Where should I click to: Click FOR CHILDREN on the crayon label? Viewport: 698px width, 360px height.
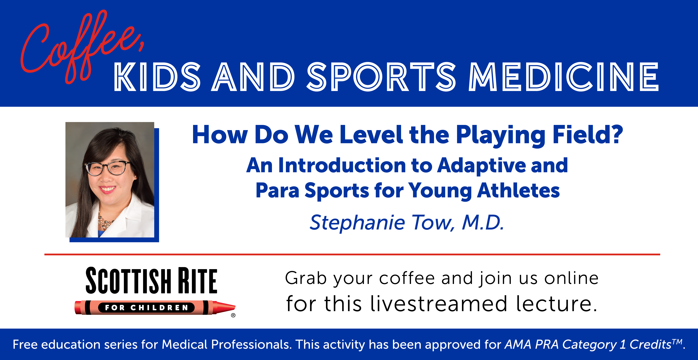tap(146, 308)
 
